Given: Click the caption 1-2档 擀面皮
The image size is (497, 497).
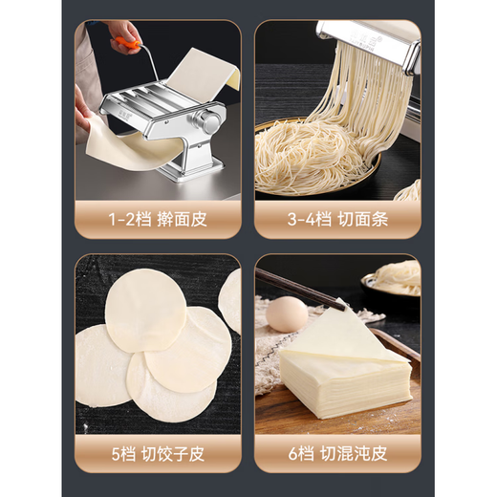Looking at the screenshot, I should [x=158, y=219].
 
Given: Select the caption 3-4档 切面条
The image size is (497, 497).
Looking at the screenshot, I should [x=337, y=219].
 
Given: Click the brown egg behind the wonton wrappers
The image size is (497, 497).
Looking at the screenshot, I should [x=287, y=313].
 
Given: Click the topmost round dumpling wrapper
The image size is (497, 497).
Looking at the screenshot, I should [x=145, y=308].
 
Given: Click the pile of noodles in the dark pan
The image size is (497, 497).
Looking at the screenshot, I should [x=306, y=158].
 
